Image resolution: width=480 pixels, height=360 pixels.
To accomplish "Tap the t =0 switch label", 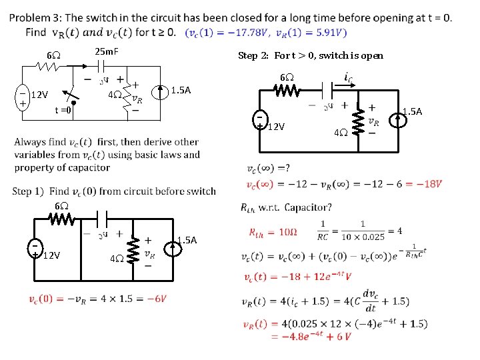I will [63, 111].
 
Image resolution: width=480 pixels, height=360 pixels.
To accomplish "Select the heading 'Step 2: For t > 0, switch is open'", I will [311, 55].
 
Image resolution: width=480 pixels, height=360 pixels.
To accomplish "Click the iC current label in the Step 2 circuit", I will [348, 78].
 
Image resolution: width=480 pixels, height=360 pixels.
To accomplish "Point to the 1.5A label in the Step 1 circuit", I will [188, 240].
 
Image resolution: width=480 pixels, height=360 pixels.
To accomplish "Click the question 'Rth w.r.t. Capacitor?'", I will [286, 207].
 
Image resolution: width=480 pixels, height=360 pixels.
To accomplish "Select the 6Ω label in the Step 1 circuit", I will [61, 206].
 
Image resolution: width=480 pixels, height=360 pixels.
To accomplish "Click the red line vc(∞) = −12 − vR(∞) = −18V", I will [344, 184].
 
